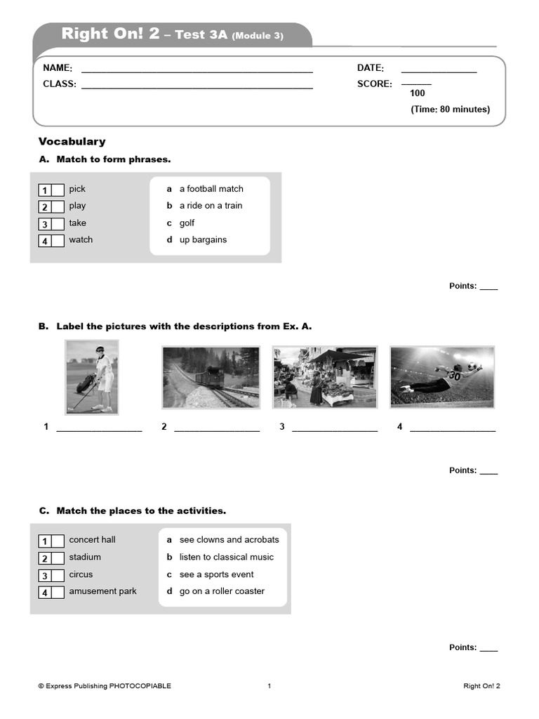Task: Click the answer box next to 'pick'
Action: coord(57,190)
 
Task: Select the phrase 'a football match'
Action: coord(211,189)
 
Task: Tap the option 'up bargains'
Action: coord(203,240)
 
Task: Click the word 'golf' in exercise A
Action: coord(187,223)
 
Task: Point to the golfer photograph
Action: coord(92,377)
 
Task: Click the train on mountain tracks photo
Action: coord(211,377)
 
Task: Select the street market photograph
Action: coord(324,377)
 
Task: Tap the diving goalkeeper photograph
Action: coord(442,377)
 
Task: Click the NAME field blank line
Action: coord(197,72)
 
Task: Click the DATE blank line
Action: coord(439,72)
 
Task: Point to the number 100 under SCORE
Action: coord(417,93)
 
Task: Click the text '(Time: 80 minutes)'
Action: coord(450,110)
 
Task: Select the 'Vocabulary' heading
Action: coord(72,142)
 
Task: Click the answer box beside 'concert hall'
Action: coord(57,541)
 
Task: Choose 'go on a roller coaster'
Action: coord(222,591)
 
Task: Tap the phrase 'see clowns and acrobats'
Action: coord(229,540)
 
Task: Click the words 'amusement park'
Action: coord(102,591)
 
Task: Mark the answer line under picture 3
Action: coord(335,430)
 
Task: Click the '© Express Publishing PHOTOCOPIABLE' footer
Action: coord(105,686)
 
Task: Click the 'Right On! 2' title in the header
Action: coord(110,34)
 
